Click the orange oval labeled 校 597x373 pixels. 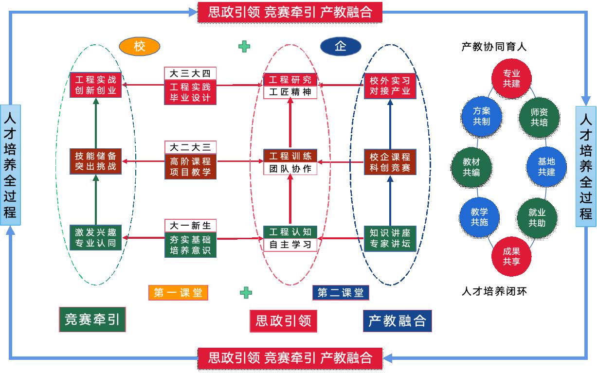(140, 46)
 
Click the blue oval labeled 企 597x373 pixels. (341, 46)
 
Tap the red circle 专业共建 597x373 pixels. (511, 78)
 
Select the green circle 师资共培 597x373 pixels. (539, 117)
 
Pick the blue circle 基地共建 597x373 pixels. (546, 166)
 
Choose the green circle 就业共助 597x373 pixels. (537, 217)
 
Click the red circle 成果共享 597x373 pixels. (511, 256)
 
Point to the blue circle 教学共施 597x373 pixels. (479, 217)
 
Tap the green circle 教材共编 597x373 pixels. (471, 167)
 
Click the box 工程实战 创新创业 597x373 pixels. (95, 85)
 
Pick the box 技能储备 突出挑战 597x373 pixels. (95, 161)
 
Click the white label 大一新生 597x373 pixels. (190, 226)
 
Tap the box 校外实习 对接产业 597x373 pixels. (390, 86)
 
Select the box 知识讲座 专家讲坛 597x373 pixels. (390, 238)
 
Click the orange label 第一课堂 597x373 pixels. (178, 292)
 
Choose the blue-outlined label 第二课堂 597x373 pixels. (341, 292)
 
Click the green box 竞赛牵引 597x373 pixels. (92, 320)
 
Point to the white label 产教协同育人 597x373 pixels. (494, 47)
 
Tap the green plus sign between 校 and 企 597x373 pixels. (244, 46)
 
